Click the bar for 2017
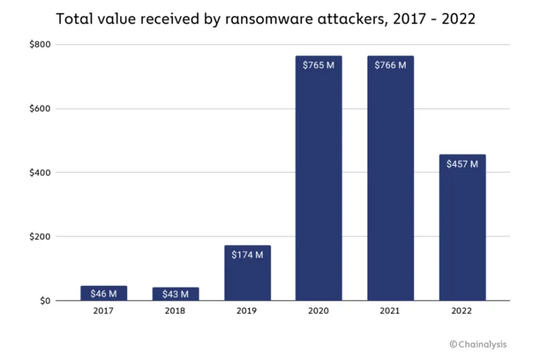(x=104, y=294)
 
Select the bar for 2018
(x=175, y=294)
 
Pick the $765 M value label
(x=318, y=65)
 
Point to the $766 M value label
(x=391, y=65)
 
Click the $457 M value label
(x=462, y=164)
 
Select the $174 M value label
(x=248, y=255)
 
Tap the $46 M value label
(x=104, y=294)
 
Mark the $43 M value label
(x=175, y=295)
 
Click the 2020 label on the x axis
(x=318, y=311)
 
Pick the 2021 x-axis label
(x=391, y=311)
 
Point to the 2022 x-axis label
(x=462, y=311)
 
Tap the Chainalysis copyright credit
(x=478, y=345)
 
